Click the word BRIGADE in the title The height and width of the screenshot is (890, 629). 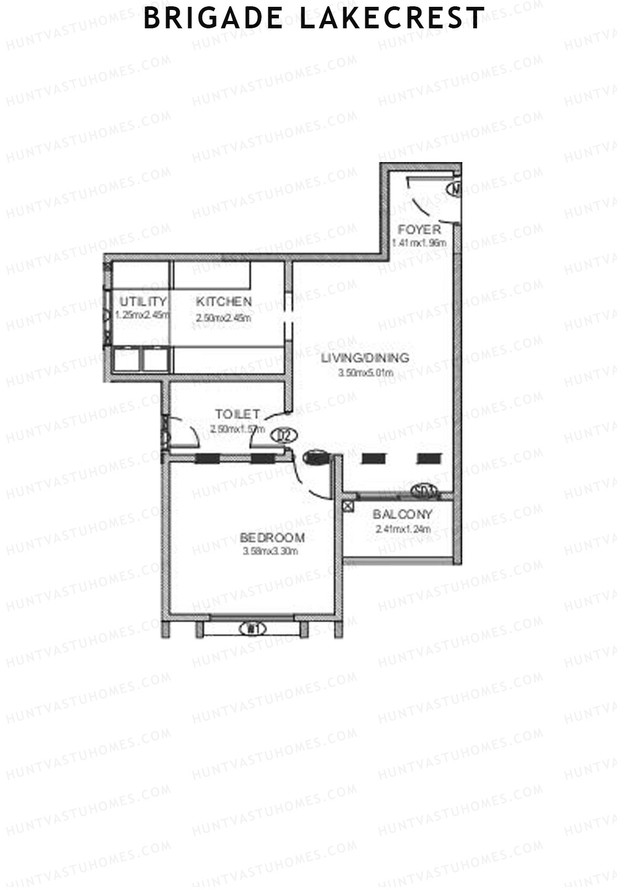213,19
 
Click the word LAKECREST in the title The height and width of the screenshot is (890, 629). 392,19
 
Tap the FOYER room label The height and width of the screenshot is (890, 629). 419,230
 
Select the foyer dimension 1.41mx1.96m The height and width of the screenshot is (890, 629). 419,243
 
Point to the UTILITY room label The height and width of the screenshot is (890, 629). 143,302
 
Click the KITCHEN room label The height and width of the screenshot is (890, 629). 224,302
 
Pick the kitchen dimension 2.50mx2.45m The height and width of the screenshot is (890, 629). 224,318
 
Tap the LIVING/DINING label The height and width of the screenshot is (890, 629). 365,358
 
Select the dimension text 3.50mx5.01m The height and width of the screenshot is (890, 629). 366,373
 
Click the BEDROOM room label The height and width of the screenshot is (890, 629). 272,538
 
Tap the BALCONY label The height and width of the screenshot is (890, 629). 403,514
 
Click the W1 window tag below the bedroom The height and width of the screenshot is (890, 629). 253,628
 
